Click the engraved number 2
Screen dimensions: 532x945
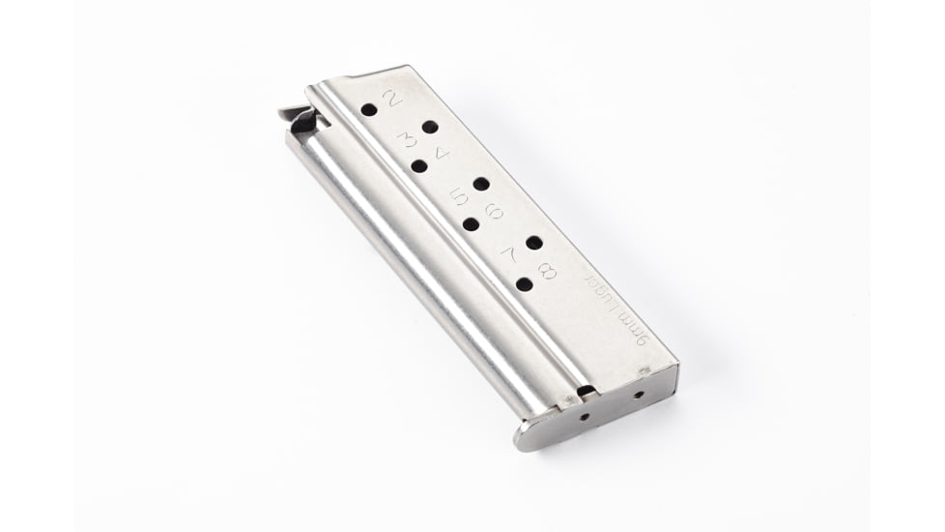pos(392,98)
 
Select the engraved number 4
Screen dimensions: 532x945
pos(440,152)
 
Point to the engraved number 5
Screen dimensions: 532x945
pos(460,197)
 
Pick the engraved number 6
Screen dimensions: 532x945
pos(493,210)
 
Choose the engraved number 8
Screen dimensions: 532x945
pos(546,270)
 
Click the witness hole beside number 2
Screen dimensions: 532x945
pos(369,110)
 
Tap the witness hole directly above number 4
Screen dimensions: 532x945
pos(430,127)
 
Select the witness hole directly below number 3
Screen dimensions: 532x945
pos(418,166)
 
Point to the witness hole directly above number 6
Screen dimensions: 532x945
pos(481,184)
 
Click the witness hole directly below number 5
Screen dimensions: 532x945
pos(471,224)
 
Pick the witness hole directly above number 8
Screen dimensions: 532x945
pos(533,242)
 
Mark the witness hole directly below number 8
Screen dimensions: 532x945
pos(524,284)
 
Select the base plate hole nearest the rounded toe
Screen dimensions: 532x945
pos(585,417)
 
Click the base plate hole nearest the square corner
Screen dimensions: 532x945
pos(638,394)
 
